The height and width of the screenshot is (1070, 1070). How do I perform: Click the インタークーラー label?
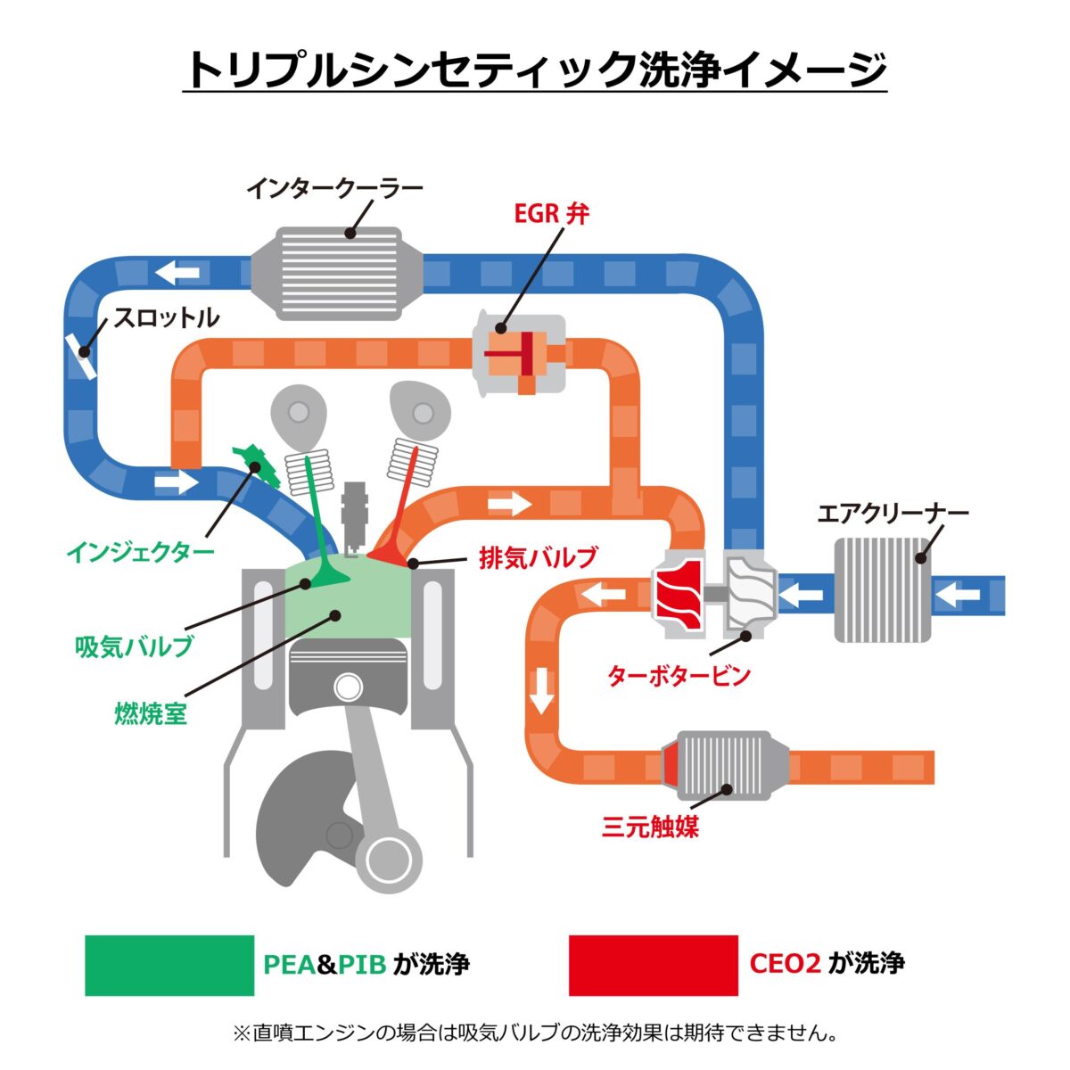[x=334, y=189]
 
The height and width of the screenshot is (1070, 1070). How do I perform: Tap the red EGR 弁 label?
[x=551, y=214]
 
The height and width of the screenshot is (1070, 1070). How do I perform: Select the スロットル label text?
[x=167, y=317]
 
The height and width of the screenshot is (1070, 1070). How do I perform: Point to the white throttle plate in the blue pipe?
[x=81, y=355]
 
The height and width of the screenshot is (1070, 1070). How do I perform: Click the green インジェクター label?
[x=140, y=551]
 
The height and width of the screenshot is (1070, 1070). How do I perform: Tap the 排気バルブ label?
[x=538, y=558]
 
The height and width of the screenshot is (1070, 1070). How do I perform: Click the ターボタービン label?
[x=679, y=675]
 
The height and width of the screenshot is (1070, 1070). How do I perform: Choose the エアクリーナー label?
[x=893, y=514]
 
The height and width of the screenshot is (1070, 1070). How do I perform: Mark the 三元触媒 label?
[x=651, y=827]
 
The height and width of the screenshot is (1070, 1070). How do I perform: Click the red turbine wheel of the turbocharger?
[x=679, y=591]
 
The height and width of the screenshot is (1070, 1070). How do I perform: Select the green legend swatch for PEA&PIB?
[x=169, y=965]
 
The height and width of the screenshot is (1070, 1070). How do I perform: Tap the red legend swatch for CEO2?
[x=653, y=965]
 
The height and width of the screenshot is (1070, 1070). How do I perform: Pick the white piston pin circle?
[x=349, y=687]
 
